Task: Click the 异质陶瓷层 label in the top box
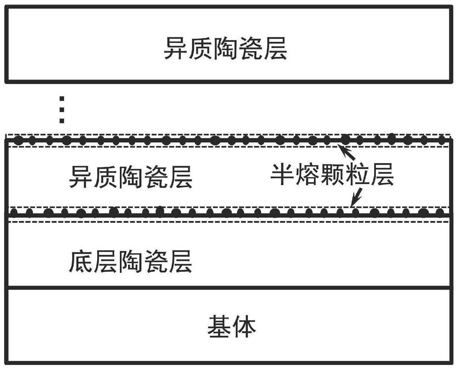click(225, 48)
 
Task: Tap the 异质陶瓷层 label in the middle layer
click(130, 176)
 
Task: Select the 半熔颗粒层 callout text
click(332, 174)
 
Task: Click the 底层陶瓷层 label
click(130, 261)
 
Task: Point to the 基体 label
click(231, 326)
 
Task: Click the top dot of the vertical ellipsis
click(62, 98)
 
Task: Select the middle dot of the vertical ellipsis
click(62, 110)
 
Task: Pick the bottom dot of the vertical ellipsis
click(62, 120)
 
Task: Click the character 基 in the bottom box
click(219, 326)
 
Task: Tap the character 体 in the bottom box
click(244, 326)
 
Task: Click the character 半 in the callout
click(282, 174)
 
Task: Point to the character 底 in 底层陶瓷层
click(81, 261)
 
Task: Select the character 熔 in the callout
click(307, 174)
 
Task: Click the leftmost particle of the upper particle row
click(19, 141)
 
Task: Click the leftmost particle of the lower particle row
click(14, 212)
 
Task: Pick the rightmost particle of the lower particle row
click(439, 212)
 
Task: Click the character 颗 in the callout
click(332, 174)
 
